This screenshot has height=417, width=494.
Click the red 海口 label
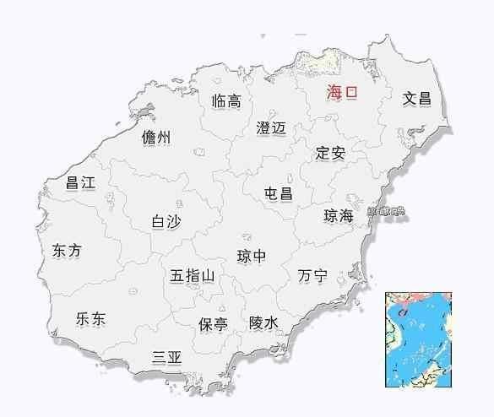pyautogui.click(x=342, y=94)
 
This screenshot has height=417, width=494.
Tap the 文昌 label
pyautogui.click(x=416, y=99)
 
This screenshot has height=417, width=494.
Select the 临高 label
pyautogui.click(x=226, y=101)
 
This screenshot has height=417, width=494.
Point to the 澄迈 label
pyautogui.click(x=271, y=128)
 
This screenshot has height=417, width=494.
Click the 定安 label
pyautogui.click(x=330, y=154)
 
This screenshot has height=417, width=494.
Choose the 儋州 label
pyautogui.click(x=156, y=138)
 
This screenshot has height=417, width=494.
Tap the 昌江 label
pyautogui.click(x=81, y=182)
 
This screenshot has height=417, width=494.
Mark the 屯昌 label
pyautogui.click(x=278, y=193)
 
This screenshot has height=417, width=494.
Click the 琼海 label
pyautogui.click(x=339, y=216)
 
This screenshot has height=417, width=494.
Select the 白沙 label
pyautogui.click(x=166, y=221)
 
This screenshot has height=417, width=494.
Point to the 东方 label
pyautogui.click(x=67, y=251)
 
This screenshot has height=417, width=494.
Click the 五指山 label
pyautogui.click(x=193, y=276)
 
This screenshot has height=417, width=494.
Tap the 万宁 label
pyautogui.click(x=312, y=276)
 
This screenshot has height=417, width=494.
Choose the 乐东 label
pyautogui.click(x=90, y=319)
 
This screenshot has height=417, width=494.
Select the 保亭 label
pyautogui.click(x=213, y=324)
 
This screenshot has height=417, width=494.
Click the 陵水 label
pyautogui.click(x=263, y=322)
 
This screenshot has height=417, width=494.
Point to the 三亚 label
pyautogui.click(x=166, y=357)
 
